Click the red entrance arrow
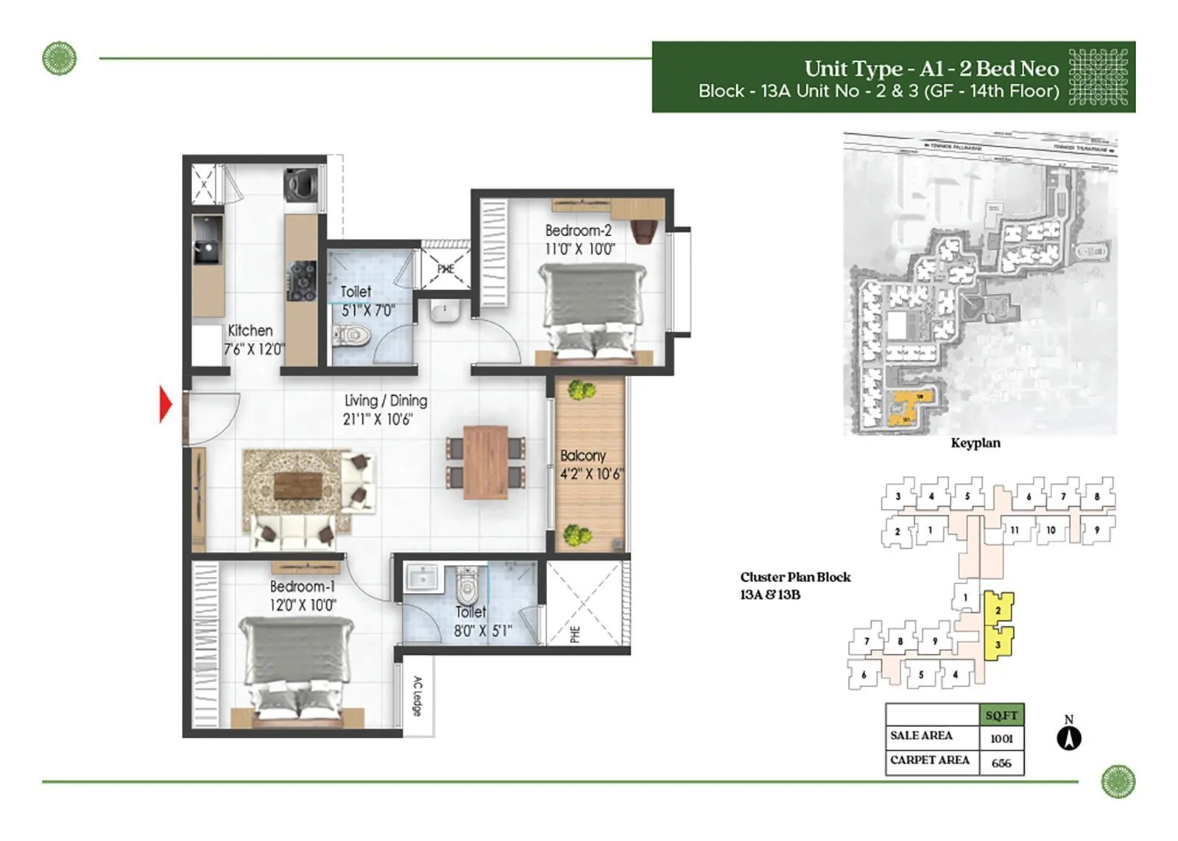tap(166, 405)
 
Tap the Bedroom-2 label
tap(578, 231)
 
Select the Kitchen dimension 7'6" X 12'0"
tap(253, 349)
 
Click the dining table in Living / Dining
tap(485, 461)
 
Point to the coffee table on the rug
tap(298, 486)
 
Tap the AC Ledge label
tap(417, 696)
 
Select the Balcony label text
tap(582, 456)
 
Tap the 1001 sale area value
tap(1001, 739)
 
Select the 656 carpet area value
tap(1001, 763)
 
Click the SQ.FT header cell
tap(1001, 715)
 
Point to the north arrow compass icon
tap(1069, 737)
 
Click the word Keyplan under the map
tap(975, 443)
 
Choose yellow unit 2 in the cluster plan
tap(998, 609)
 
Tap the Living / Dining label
tap(386, 401)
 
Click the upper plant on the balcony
tap(581, 390)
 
